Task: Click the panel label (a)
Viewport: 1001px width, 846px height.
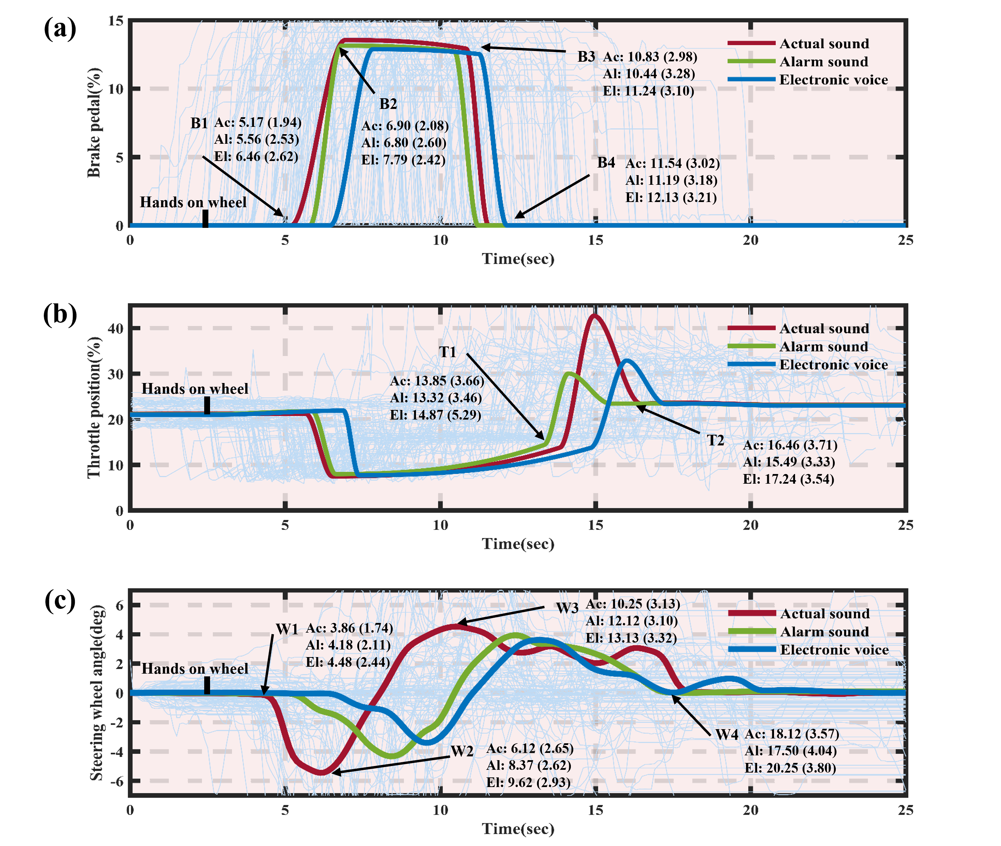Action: tap(60, 29)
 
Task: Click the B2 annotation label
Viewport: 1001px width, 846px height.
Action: tap(388, 104)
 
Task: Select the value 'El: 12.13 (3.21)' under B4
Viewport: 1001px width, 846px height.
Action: tap(671, 198)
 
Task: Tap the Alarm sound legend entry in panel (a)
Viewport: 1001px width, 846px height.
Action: tap(823, 62)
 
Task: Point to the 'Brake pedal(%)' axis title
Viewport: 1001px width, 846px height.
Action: tap(94, 123)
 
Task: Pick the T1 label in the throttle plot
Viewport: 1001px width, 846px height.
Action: tap(447, 352)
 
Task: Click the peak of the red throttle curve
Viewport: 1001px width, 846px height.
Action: tap(595, 315)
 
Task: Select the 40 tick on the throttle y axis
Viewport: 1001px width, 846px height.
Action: tap(116, 329)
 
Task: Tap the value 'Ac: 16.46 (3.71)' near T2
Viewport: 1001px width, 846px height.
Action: tap(790, 445)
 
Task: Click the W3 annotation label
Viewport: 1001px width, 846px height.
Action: tap(567, 608)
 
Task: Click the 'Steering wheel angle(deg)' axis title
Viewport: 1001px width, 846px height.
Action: tap(97, 693)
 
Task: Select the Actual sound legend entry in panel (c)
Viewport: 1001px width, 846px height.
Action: tap(824, 614)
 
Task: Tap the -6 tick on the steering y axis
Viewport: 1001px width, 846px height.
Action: tap(117, 781)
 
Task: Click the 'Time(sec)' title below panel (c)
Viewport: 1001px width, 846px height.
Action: tap(518, 829)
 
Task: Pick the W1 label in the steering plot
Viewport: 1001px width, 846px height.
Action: tap(287, 629)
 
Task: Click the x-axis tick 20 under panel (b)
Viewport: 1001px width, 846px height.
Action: tap(751, 525)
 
